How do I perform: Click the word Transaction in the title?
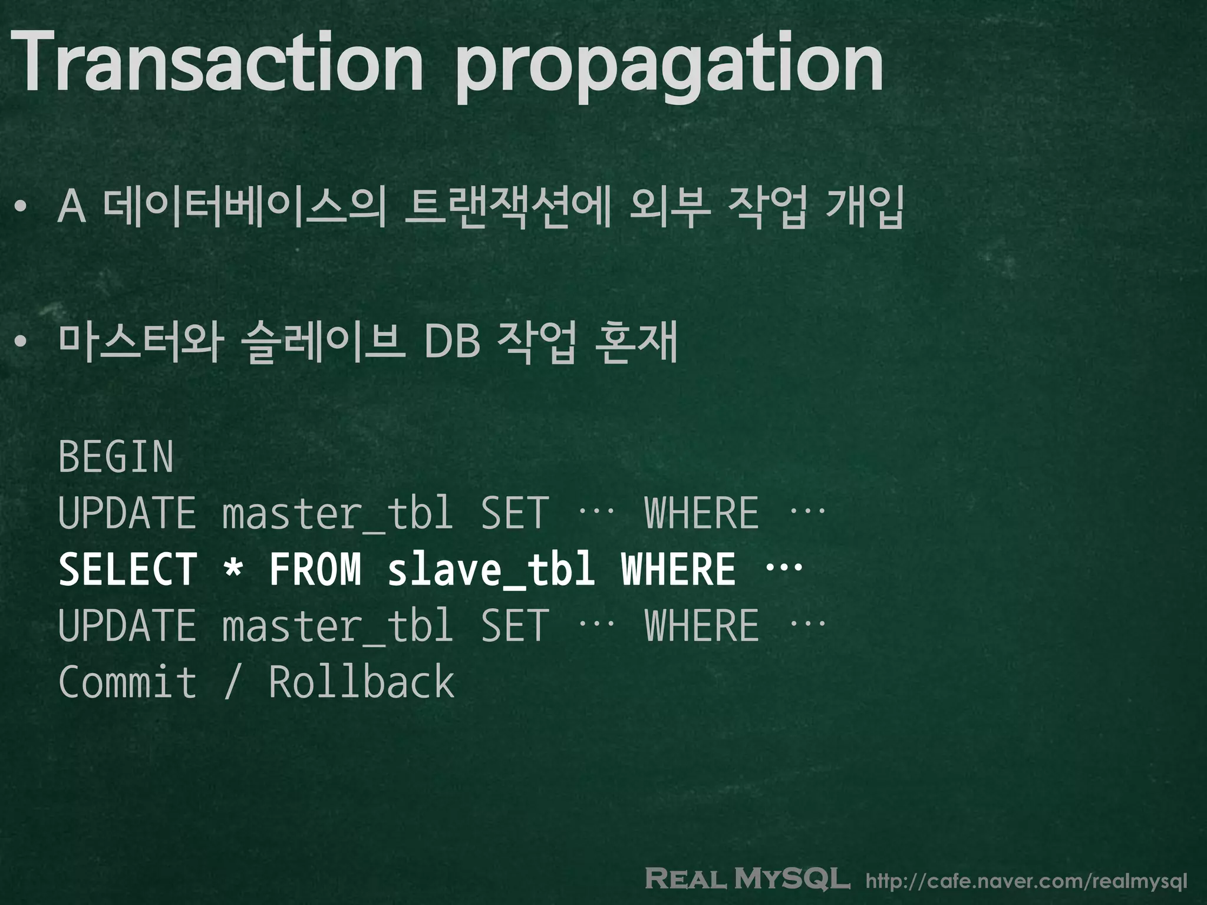point(215,62)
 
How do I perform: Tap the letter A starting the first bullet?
point(72,207)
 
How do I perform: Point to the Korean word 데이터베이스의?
point(243,207)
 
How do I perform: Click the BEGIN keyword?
point(116,457)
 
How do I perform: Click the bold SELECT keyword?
point(127,570)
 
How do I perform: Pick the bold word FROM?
point(315,570)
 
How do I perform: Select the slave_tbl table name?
point(490,570)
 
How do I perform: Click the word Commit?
point(127,682)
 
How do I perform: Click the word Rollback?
point(361,682)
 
